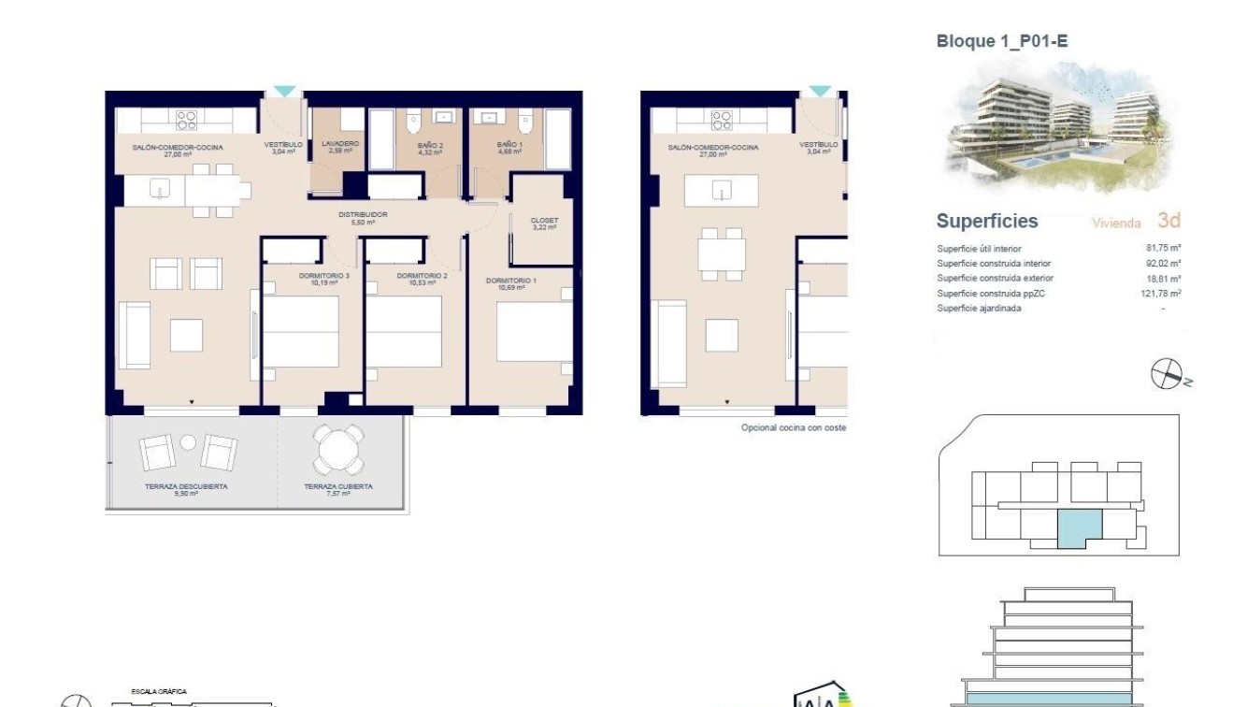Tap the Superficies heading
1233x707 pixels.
986,222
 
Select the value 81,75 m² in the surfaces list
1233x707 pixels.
1163,249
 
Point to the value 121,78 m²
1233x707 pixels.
1163,294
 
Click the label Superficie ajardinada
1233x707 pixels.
978,309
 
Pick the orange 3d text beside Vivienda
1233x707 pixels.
1168,222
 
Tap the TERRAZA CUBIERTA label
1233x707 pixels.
338,488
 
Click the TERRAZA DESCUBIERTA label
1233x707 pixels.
186,488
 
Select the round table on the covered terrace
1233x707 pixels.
338,450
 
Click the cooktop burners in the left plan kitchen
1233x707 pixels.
187,119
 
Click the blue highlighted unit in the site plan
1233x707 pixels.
1079,528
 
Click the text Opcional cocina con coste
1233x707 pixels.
793,428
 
